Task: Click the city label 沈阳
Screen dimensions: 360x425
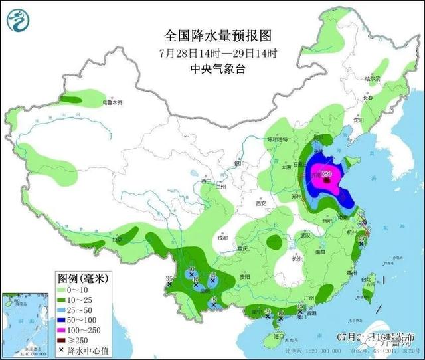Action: [x=359, y=121]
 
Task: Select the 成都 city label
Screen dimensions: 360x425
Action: [x=222, y=237]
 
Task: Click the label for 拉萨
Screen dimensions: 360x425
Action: [x=118, y=239]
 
